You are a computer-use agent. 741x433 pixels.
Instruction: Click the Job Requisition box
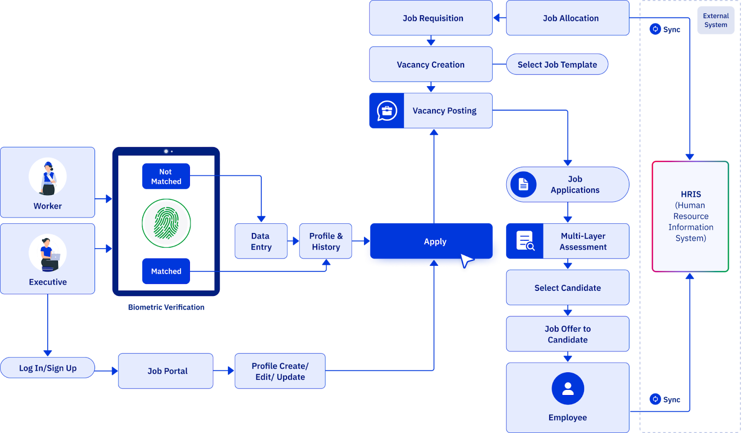tap(431, 18)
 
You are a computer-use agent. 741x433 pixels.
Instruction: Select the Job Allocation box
tap(567, 18)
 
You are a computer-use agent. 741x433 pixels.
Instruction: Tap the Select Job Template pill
tap(557, 64)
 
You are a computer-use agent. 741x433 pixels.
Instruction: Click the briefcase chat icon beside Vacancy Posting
tap(387, 111)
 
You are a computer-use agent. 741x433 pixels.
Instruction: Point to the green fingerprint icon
tap(166, 223)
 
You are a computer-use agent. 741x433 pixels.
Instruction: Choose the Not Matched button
tap(166, 176)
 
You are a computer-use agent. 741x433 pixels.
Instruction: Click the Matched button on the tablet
tap(166, 271)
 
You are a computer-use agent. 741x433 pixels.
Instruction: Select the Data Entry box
tap(261, 241)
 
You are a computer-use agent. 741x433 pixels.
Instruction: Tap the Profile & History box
tap(326, 241)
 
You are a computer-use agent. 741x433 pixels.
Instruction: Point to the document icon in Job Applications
tap(523, 184)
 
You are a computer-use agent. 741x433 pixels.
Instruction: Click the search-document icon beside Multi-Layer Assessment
tap(525, 241)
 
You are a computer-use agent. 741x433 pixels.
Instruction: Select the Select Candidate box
tap(567, 288)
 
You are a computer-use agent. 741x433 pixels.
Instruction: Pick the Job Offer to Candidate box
tap(567, 334)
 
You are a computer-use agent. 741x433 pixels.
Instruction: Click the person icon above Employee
tap(568, 389)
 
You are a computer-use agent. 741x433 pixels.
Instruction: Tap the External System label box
tap(716, 20)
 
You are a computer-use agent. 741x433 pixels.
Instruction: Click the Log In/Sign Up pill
tap(48, 368)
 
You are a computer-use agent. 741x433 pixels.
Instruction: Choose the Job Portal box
tap(166, 371)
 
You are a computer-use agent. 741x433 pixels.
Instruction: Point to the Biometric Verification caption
tap(166, 307)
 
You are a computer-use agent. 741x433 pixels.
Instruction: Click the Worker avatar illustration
tap(48, 177)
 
